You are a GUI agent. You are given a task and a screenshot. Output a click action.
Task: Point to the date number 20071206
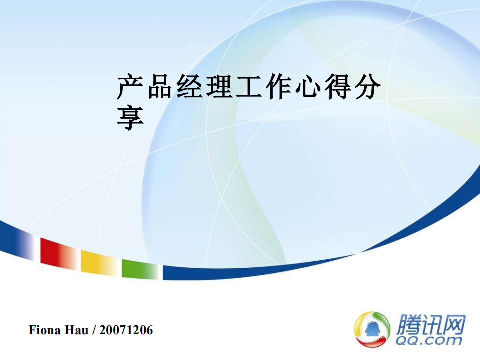(126, 330)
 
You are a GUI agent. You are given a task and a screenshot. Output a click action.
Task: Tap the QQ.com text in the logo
(429, 340)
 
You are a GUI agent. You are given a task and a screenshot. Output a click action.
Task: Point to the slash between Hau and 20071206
(94, 330)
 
